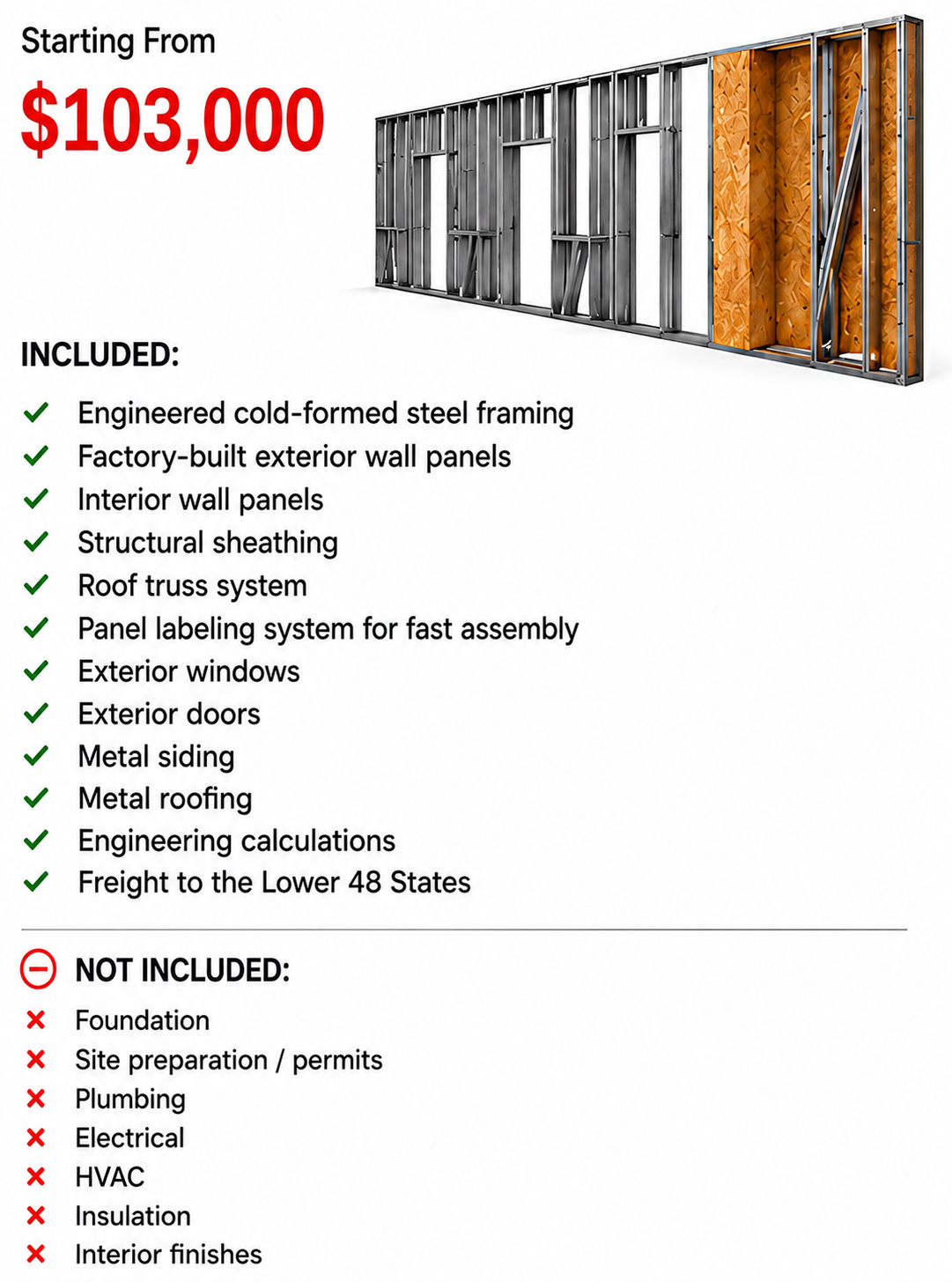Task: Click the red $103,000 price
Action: [172, 119]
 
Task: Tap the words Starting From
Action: [118, 41]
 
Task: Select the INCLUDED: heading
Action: [100, 354]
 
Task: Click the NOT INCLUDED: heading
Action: [182, 970]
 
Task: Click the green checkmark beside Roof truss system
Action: [36, 586]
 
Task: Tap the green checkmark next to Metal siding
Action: [36, 756]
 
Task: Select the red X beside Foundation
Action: [36, 1020]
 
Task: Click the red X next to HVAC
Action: [36, 1176]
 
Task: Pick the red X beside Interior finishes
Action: [36, 1255]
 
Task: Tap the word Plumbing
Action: [130, 1100]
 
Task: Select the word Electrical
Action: [130, 1137]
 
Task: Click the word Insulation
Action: [133, 1216]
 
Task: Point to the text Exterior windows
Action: [188, 671]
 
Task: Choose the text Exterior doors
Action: [169, 715]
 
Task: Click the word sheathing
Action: [275, 544]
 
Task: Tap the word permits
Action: [337, 1061]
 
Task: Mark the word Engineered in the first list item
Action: [151, 414]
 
